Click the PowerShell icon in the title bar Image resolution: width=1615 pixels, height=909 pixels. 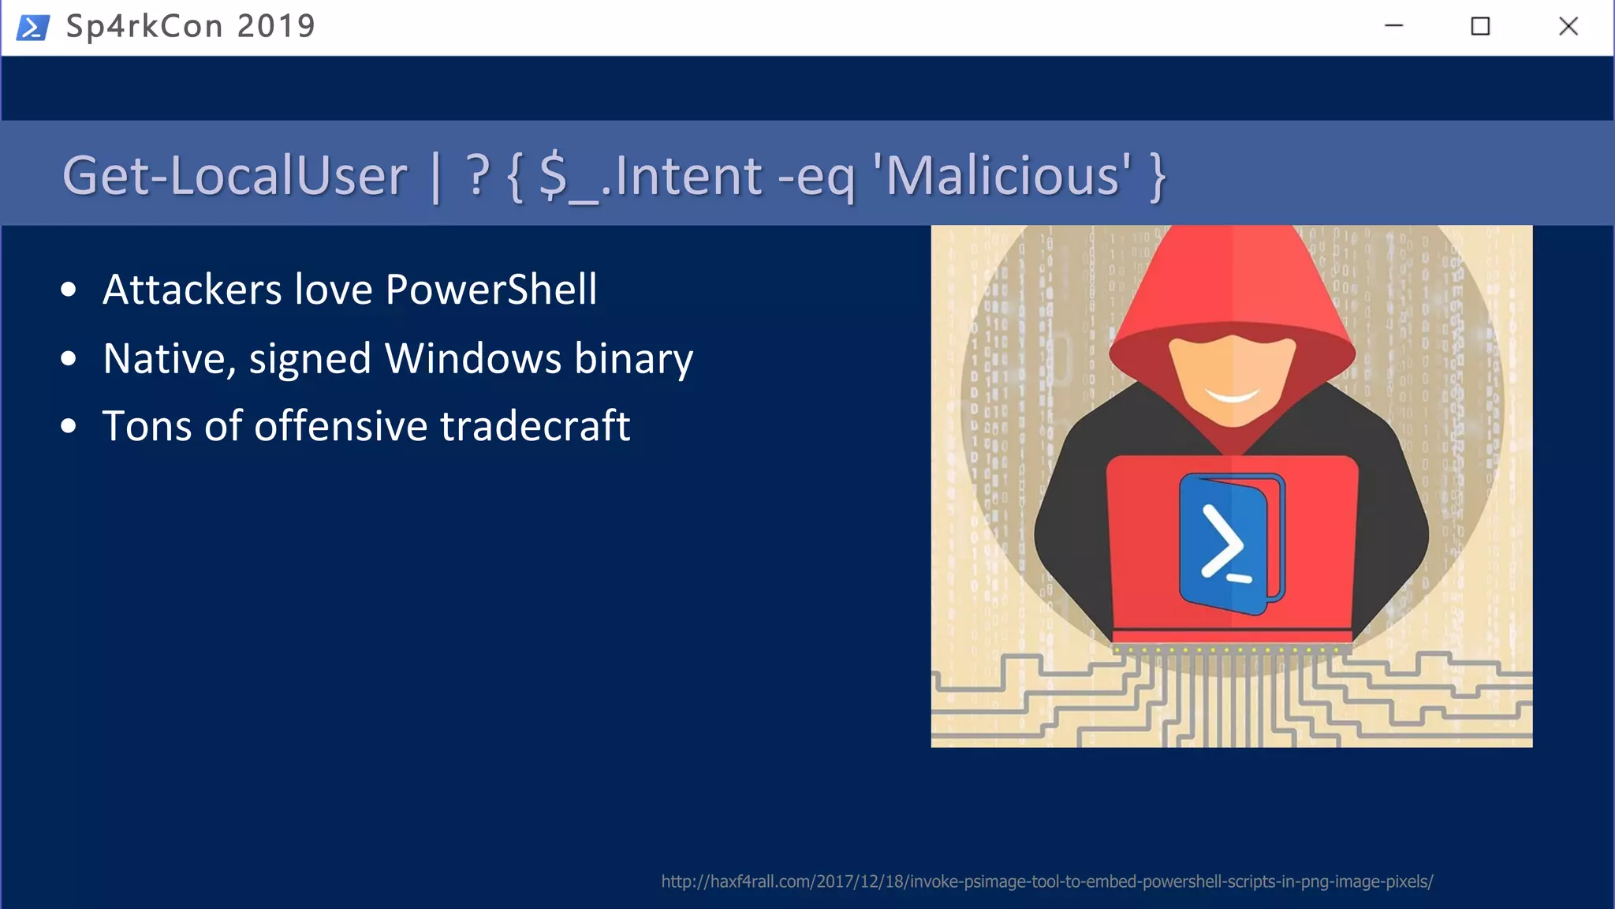tap(32, 27)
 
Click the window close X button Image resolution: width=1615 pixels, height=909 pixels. tap(1568, 26)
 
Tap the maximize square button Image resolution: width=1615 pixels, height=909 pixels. tap(1480, 26)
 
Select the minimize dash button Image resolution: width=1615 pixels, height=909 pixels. tap(1393, 26)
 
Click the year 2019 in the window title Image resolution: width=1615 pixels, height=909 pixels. tap(276, 26)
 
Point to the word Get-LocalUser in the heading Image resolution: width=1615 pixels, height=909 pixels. tap(235, 175)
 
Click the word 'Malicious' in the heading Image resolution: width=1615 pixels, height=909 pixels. tap(1001, 175)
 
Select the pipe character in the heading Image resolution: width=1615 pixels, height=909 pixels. tap(436, 177)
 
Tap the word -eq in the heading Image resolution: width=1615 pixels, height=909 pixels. tap(816, 177)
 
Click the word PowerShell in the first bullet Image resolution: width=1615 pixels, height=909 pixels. tap(491, 289)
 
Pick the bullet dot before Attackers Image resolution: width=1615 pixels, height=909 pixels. tap(69, 290)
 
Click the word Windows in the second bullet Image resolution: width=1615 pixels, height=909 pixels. tap(472, 358)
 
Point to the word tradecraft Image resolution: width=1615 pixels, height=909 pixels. tap(535, 426)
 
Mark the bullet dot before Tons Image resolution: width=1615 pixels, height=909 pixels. tap(69, 427)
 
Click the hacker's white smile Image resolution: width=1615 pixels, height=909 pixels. tap(1232, 395)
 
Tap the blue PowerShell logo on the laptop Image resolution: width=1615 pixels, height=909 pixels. tap(1229, 543)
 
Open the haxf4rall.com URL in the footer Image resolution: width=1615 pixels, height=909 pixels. tap(1046, 881)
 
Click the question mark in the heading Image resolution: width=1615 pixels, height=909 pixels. tap(477, 175)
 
